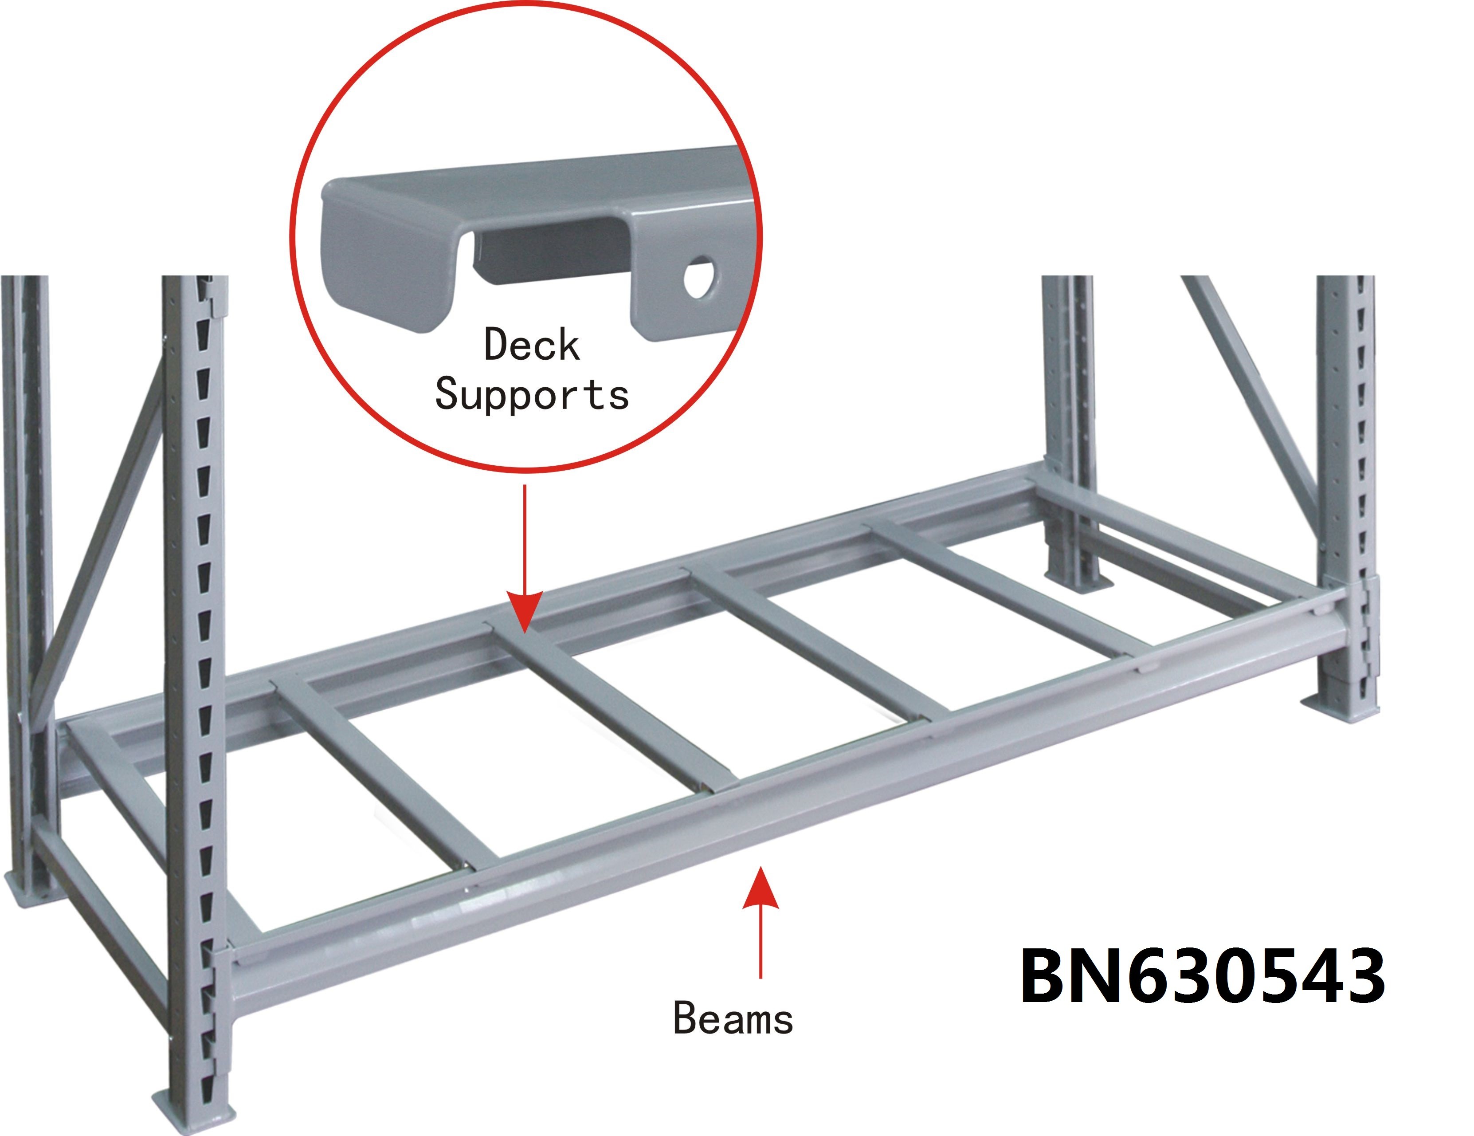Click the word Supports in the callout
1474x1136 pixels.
532,395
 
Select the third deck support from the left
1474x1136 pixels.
817,645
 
